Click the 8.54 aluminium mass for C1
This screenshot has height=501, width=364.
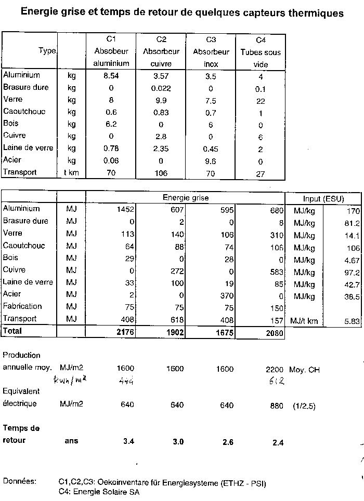(111, 75)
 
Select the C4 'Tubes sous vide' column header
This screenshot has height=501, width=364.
(261, 52)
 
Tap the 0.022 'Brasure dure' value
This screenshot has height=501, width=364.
(161, 88)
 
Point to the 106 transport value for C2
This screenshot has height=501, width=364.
(161, 173)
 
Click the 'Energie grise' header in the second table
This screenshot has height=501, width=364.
(186, 198)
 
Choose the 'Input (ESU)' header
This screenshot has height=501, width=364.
(323, 199)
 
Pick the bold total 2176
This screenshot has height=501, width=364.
(125, 332)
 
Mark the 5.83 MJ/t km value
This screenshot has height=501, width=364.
(352, 321)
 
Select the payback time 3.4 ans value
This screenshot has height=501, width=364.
(128, 442)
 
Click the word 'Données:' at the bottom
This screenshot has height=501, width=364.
(19, 481)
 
